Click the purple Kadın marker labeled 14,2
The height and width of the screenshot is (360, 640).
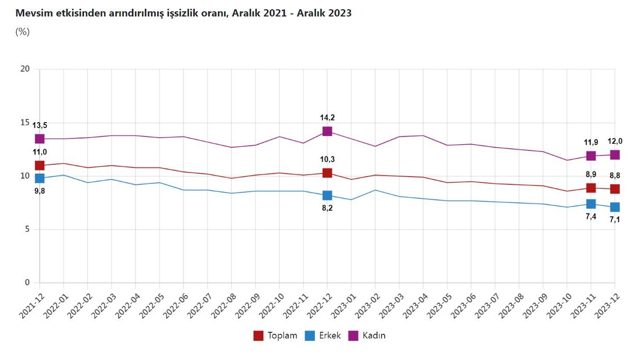[327, 131]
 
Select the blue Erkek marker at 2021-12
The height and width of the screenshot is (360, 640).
[40, 178]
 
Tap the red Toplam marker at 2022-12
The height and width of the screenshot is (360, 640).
[327, 173]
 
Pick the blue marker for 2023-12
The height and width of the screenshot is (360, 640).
[615, 207]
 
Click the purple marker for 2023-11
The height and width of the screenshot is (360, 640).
[591, 156]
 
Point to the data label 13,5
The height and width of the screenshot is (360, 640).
[40, 125]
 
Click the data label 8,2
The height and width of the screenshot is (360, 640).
[327, 209]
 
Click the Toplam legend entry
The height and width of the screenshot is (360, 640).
[276, 336]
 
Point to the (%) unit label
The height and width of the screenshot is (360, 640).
[23, 32]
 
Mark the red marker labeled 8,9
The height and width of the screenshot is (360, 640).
[591, 188]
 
